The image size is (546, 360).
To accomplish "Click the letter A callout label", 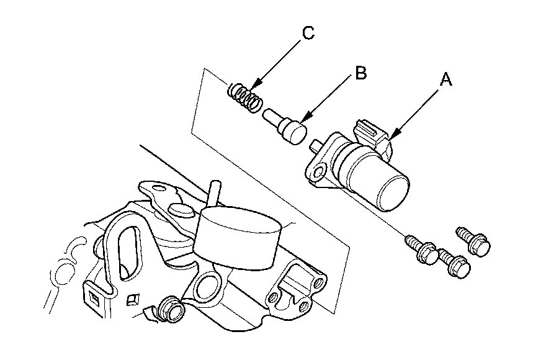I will (x=445, y=79).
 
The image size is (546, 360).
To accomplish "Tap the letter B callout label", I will (x=360, y=74).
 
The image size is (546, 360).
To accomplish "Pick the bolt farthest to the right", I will (x=475, y=241).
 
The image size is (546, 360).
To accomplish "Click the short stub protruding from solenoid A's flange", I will (x=314, y=146).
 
